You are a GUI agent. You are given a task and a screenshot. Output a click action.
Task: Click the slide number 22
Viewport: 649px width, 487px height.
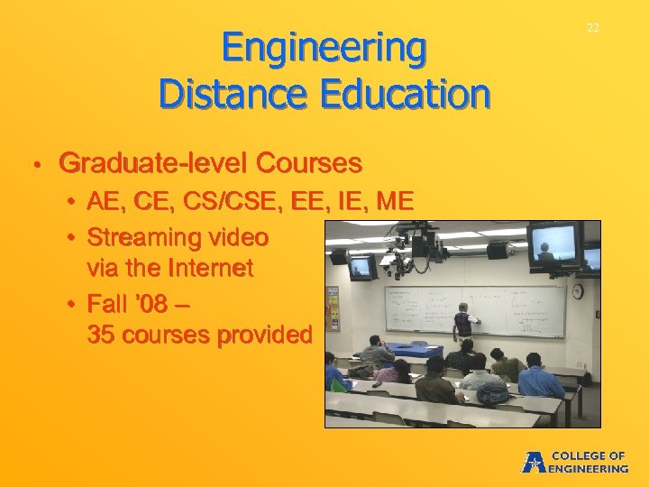click(x=592, y=28)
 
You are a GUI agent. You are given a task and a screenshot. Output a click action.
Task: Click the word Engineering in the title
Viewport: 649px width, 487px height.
click(x=324, y=49)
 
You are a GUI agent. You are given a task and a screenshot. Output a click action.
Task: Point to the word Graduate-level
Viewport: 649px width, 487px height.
click(x=153, y=163)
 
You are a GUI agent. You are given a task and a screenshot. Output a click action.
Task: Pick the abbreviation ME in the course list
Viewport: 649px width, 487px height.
click(x=395, y=201)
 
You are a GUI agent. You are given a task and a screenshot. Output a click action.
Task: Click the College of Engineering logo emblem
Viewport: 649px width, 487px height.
click(x=534, y=462)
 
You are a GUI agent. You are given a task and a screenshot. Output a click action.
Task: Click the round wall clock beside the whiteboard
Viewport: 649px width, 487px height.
click(x=577, y=291)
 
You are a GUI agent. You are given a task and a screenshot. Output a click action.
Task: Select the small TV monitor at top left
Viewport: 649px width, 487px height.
click(x=362, y=267)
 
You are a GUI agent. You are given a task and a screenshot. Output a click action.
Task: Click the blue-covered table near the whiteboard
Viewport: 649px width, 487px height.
click(x=414, y=349)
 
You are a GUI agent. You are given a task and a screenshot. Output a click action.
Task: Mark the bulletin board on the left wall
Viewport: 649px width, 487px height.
click(x=332, y=308)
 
